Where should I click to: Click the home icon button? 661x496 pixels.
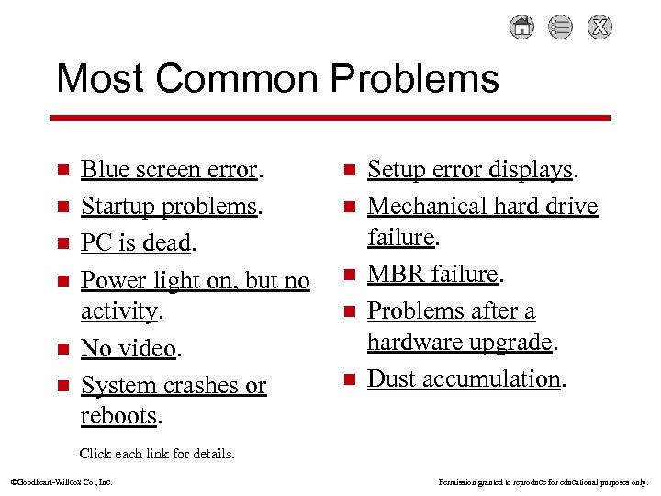(x=521, y=28)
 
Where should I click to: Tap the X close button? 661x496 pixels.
(x=600, y=28)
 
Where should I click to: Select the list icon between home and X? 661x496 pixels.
(x=561, y=28)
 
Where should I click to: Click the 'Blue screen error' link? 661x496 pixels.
(x=170, y=170)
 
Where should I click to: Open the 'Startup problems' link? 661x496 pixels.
(x=168, y=207)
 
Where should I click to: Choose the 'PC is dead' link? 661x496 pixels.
(x=136, y=243)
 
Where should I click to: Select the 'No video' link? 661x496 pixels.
(x=128, y=348)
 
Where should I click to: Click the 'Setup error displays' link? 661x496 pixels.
(x=469, y=170)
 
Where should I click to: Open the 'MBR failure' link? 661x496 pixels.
(x=431, y=274)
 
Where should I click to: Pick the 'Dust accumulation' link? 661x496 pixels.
(x=463, y=378)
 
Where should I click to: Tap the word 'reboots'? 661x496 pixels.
(x=118, y=416)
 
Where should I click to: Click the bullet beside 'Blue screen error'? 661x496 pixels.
(x=62, y=171)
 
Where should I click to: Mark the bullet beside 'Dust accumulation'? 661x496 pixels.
(x=348, y=379)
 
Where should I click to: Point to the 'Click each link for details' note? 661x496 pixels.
(x=157, y=454)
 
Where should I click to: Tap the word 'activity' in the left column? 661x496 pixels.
(x=118, y=311)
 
